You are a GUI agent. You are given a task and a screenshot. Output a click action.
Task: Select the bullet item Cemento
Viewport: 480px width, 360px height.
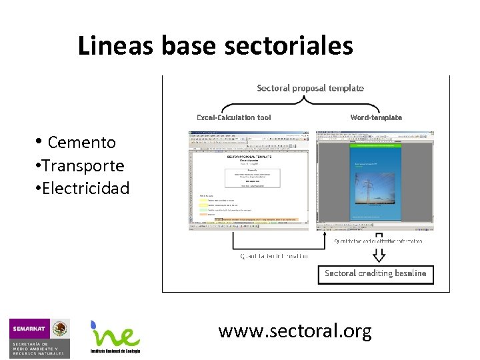(81, 142)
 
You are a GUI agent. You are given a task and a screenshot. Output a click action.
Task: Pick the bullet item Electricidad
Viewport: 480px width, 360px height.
(85, 189)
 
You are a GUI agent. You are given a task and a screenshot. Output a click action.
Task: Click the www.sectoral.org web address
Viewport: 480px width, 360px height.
(295, 331)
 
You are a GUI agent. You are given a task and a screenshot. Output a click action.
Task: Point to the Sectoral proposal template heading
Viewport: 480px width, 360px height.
(310, 88)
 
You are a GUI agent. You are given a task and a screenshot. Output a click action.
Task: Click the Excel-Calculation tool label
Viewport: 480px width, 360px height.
(233, 117)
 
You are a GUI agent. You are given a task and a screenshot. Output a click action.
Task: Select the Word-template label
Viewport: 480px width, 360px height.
(376, 117)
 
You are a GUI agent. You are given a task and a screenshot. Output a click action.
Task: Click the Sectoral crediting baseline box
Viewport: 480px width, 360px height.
(375, 273)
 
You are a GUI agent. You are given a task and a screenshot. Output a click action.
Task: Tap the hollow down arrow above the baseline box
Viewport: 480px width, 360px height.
(379, 254)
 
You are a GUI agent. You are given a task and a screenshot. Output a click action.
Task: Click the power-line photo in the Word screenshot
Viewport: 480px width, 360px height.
(377, 193)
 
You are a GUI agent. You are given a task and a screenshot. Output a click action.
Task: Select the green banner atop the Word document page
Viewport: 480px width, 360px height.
(377, 142)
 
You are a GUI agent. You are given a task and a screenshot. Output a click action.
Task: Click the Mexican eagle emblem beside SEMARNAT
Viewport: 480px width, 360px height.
(61, 329)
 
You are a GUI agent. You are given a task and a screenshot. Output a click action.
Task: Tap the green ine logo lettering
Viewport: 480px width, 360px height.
(120, 337)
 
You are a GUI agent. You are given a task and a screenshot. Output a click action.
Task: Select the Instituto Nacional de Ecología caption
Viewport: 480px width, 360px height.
(115, 351)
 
